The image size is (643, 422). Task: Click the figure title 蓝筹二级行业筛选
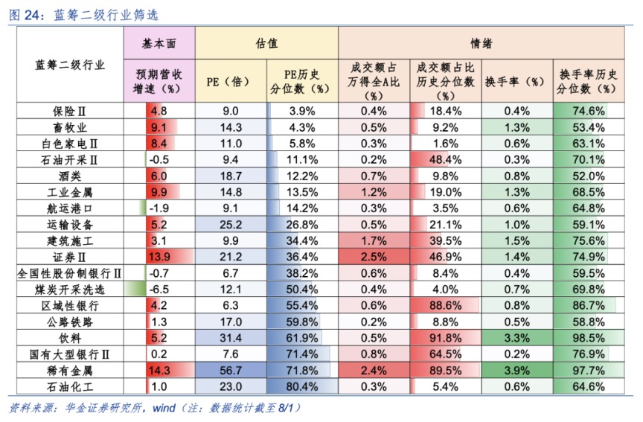pos(106,14)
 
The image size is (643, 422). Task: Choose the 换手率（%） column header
pos(516,81)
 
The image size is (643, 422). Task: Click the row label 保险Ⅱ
pos(71,111)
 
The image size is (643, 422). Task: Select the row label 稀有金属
pos(71,370)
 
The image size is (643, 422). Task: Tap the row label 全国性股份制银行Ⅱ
pos(71,273)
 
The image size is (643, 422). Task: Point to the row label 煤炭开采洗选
pos(71,290)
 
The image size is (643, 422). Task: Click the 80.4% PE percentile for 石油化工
pos(302,386)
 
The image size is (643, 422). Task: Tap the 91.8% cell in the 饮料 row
pos(445,338)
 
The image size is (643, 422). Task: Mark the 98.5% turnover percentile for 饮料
pos(588,338)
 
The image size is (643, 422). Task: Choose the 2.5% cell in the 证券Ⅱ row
pos(374,257)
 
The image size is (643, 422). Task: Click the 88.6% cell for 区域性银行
pos(445,305)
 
